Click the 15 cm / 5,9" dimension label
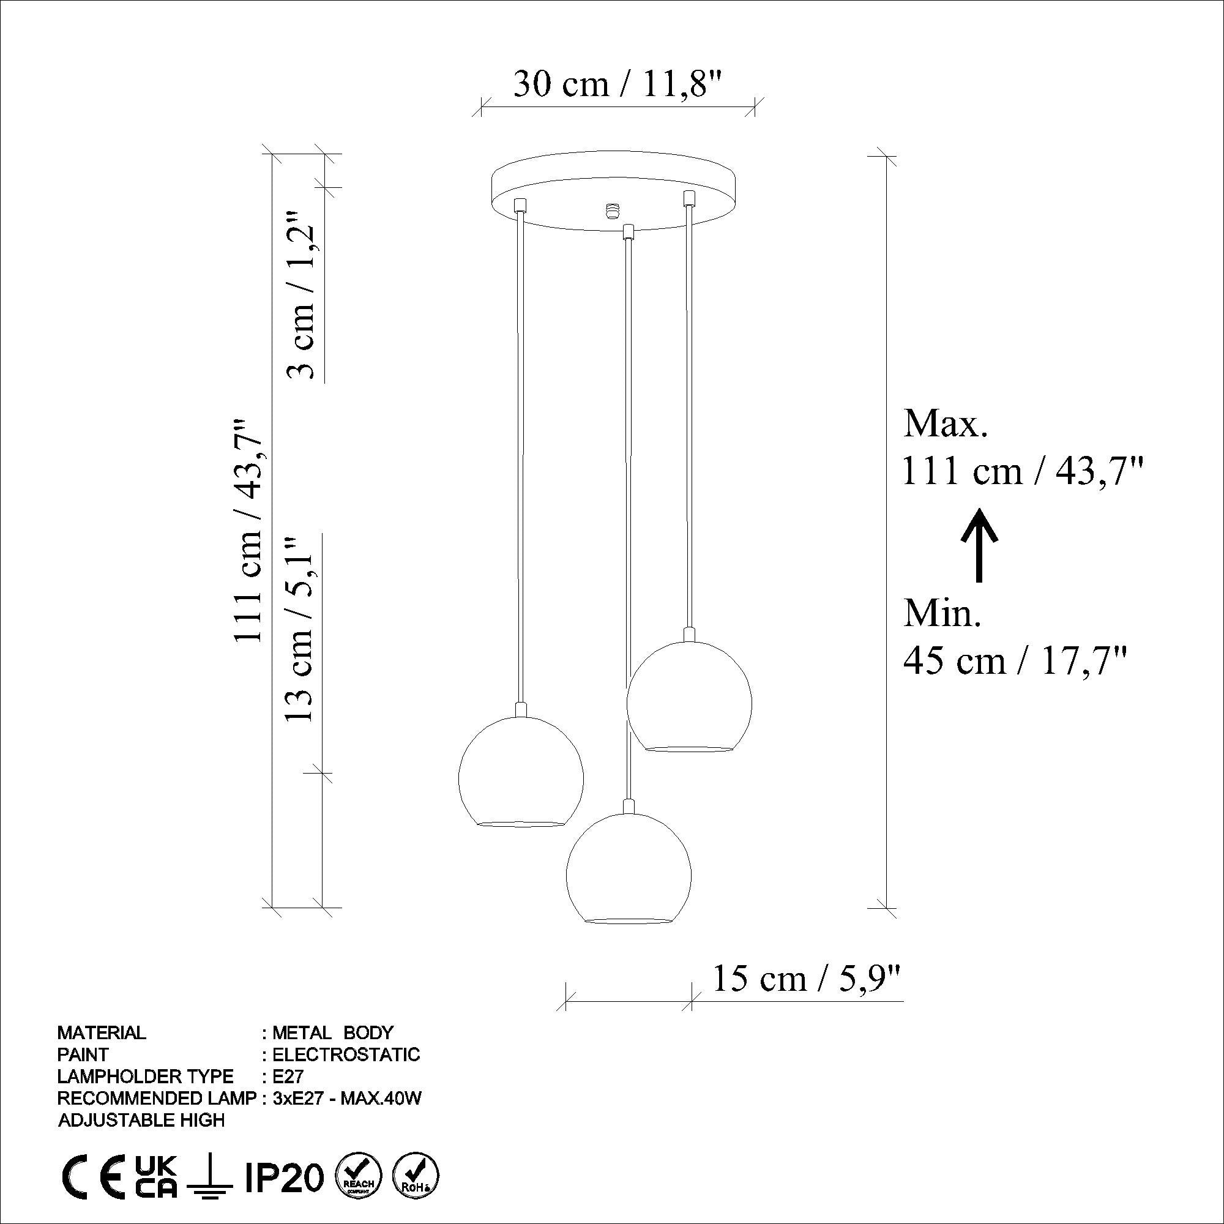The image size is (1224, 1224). (x=807, y=979)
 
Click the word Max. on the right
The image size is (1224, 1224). (x=944, y=425)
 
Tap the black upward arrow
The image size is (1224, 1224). (x=979, y=545)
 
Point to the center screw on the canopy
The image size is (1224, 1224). (x=612, y=210)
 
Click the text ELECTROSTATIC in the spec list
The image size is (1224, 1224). (x=345, y=1055)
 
